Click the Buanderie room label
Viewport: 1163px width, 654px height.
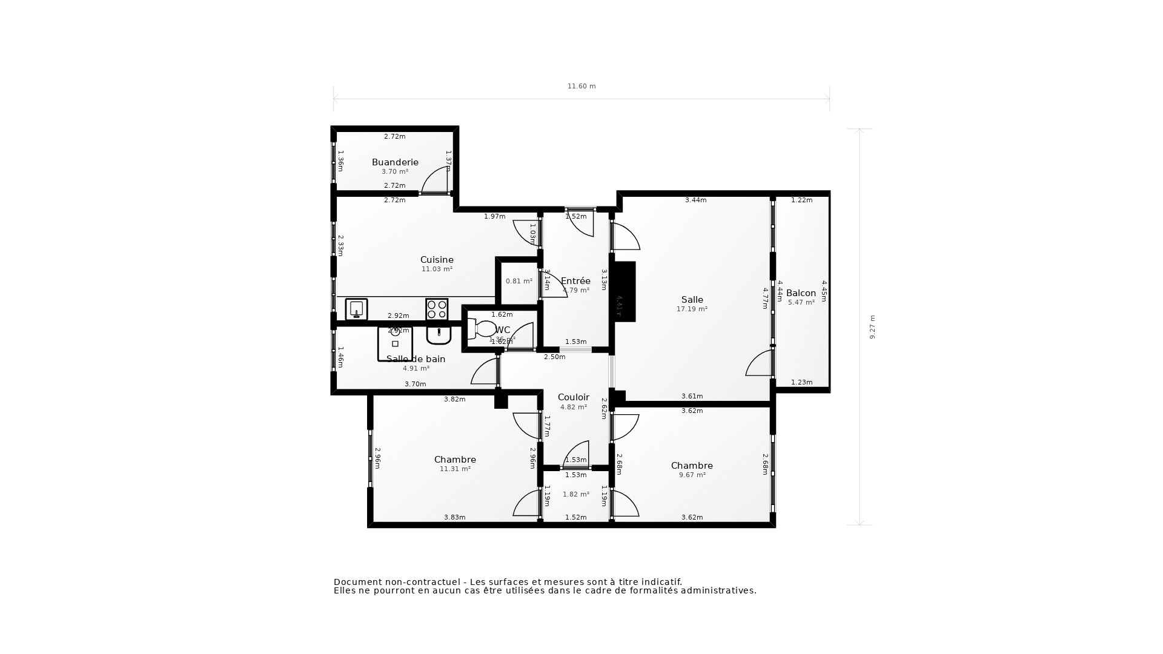395,162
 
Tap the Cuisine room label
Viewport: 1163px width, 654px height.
437,260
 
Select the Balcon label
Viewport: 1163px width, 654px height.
801,293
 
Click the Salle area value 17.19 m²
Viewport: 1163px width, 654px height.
692,309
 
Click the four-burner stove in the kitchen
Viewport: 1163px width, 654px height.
437,309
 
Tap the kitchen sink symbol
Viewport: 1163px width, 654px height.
356,309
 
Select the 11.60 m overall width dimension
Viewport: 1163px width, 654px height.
581,86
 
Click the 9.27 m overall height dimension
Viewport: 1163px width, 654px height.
873,327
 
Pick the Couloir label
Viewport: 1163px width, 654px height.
573,397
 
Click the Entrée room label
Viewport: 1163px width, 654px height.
575,281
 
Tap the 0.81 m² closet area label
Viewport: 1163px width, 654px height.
519,281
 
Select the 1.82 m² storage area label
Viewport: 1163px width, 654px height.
575,494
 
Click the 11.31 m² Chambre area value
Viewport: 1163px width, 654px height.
455,469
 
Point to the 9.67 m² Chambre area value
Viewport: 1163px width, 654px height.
692,475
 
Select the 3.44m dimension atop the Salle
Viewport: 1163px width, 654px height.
695,200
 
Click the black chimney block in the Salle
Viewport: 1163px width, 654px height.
625,292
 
